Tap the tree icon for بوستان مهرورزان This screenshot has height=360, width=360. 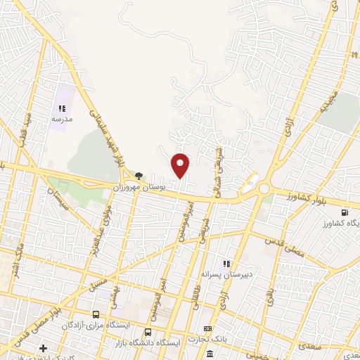(139, 176)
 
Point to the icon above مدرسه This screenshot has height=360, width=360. (61, 108)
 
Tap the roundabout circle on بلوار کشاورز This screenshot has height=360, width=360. (264, 188)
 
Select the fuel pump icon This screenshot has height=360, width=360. (344, 213)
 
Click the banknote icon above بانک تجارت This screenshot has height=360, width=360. (207, 328)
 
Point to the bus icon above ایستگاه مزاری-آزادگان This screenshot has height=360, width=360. (96, 314)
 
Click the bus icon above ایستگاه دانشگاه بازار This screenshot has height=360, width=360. (148, 332)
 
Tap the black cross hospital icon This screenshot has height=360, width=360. (43, 348)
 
